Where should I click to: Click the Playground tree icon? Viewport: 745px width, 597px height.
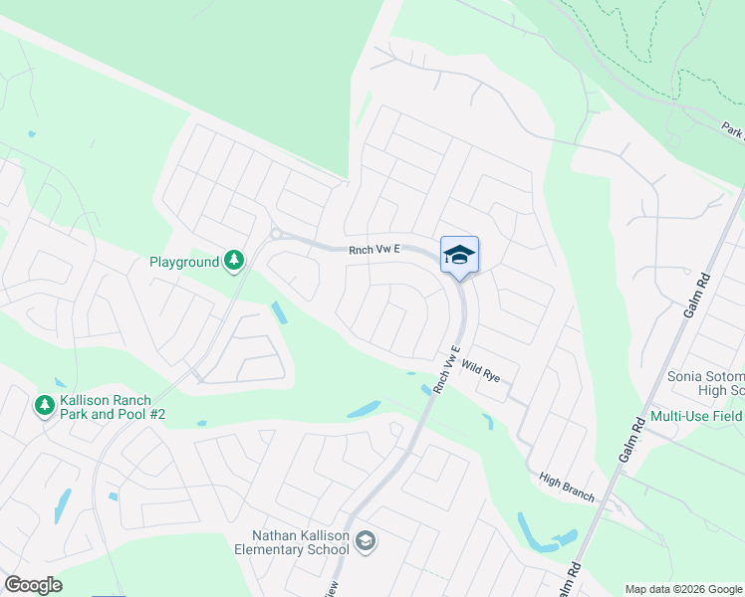[234, 261]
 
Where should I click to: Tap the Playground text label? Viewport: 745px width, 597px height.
[184, 262]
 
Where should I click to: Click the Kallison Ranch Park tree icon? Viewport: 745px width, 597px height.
[44, 405]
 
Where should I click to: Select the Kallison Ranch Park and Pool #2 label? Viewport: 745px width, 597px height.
[105, 407]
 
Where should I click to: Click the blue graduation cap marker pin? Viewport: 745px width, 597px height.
[459, 256]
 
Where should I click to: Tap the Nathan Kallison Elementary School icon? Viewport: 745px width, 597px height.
[366, 540]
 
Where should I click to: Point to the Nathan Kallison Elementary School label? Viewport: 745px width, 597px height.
[294, 541]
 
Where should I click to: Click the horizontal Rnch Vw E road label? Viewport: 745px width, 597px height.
[373, 252]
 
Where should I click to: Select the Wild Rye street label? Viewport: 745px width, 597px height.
[479, 372]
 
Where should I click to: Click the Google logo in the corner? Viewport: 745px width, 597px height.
[33, 585]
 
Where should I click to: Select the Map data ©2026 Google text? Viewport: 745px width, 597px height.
[682, 589]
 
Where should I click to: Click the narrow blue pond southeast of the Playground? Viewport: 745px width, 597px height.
[278, 312]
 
